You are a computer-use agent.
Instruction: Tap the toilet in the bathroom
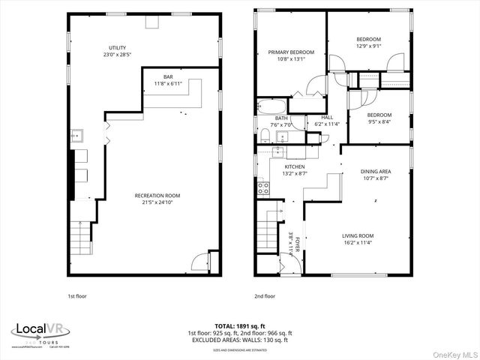[x=265, y=134]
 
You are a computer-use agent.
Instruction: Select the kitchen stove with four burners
[x=264, y=188]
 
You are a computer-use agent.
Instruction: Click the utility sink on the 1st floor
[x=76, y=136]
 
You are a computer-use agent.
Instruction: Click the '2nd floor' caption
[x=265, y=296]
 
